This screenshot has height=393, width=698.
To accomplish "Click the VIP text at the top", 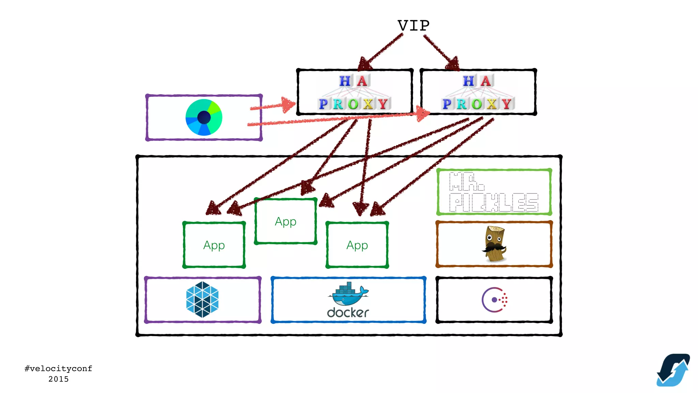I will tap(413, 26).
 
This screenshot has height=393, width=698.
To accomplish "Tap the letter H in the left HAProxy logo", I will tap(345, 81).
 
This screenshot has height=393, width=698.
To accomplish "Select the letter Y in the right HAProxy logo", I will tap(506, 104).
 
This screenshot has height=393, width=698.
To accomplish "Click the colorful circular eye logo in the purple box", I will tap(204, 117).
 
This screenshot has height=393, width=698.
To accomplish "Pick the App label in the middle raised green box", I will tap(286, 222).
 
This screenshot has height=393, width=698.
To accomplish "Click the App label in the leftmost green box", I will tap(214, 245).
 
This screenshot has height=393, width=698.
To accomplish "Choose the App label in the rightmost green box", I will tap(357, 245).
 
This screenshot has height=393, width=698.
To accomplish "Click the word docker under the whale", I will tap(348, 312).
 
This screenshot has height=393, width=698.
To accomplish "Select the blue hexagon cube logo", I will tap(202, 300).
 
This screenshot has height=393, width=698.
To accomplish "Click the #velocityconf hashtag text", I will tap(58, 368).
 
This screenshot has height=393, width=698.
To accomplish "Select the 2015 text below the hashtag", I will tap(58, 379).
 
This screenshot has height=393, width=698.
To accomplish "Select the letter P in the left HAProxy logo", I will tap(323, 104).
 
